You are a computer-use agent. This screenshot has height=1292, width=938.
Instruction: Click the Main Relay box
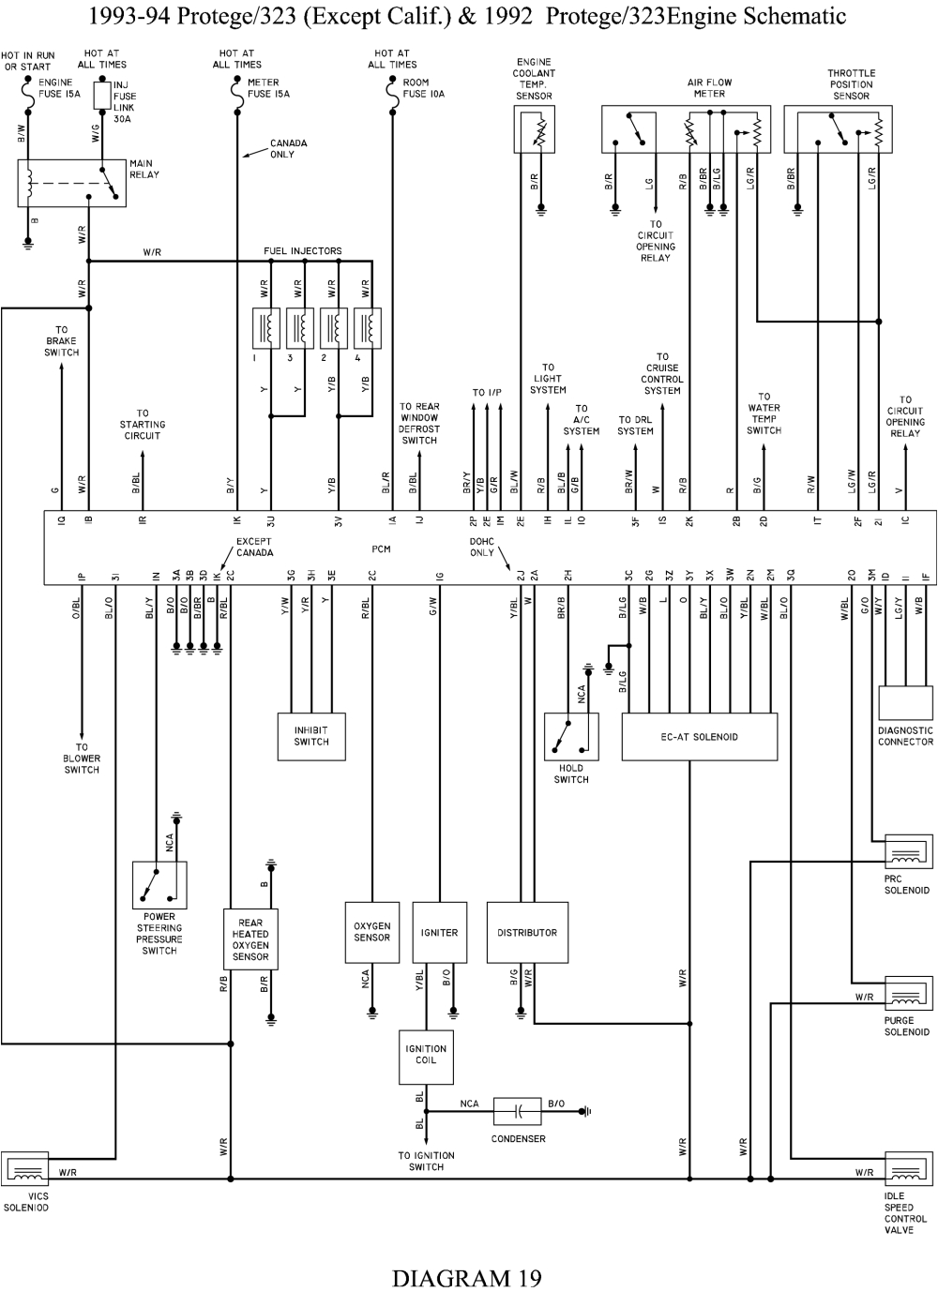71,183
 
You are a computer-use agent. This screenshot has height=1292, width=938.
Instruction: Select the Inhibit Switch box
311,736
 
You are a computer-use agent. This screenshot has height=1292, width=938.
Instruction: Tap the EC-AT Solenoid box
699,737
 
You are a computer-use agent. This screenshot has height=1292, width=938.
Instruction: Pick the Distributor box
527,933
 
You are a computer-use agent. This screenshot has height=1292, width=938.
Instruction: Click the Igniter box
439,933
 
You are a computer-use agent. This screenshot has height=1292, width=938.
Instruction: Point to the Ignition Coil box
426,1055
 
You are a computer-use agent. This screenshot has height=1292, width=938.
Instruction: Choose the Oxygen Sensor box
372,932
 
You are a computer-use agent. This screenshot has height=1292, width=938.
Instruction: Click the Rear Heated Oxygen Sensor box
250,939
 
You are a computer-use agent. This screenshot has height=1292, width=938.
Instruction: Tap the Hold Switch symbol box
571,737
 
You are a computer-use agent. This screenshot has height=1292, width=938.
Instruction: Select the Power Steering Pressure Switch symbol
159,885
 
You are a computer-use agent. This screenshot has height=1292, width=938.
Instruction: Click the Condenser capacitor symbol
518,1111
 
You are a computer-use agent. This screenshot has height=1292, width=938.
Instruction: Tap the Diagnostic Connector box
905,703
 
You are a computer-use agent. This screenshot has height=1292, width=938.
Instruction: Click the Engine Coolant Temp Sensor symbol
535,129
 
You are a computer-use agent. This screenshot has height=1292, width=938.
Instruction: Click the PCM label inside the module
380,549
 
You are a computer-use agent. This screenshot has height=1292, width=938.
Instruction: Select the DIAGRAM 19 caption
466,1277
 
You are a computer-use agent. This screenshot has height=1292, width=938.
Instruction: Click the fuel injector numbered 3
300,328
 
